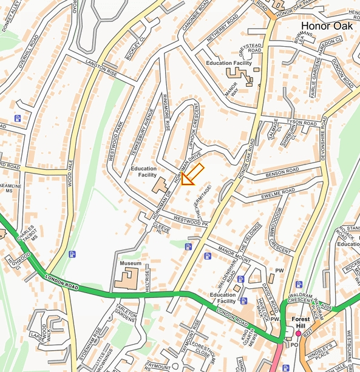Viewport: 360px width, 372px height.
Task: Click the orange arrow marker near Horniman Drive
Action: (192, 174)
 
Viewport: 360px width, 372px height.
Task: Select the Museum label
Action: (131, 263)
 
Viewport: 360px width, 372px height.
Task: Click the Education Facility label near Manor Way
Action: (228, 63)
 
